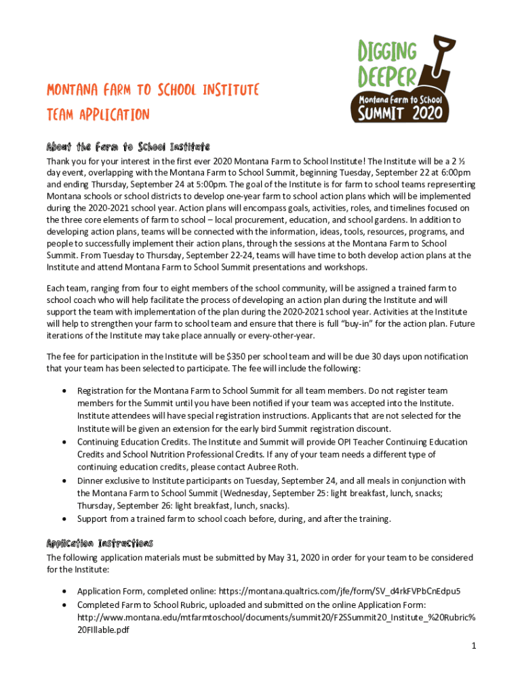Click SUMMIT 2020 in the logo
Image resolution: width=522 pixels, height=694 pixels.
tap(405, 111)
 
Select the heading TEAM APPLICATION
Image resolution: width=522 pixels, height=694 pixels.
tap(98, 115)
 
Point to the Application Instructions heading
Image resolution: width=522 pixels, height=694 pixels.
tap(100, 544)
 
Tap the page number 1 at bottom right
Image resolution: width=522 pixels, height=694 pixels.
tap(475, 646)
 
